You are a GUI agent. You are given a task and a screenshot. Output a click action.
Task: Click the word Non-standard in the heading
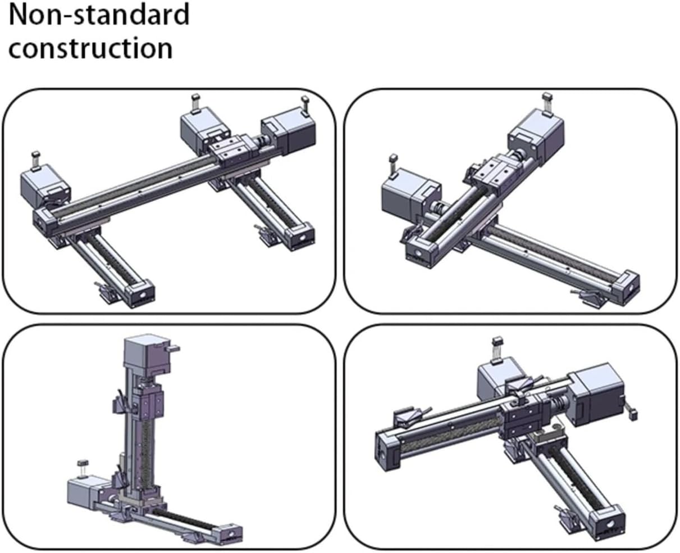pos(99,15)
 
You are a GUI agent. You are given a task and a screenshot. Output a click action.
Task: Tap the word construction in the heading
pos(90,47)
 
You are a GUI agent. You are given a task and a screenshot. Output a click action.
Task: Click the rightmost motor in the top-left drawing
pos(288,133)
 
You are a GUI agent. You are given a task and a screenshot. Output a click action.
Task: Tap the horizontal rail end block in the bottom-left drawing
pos(230,533)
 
